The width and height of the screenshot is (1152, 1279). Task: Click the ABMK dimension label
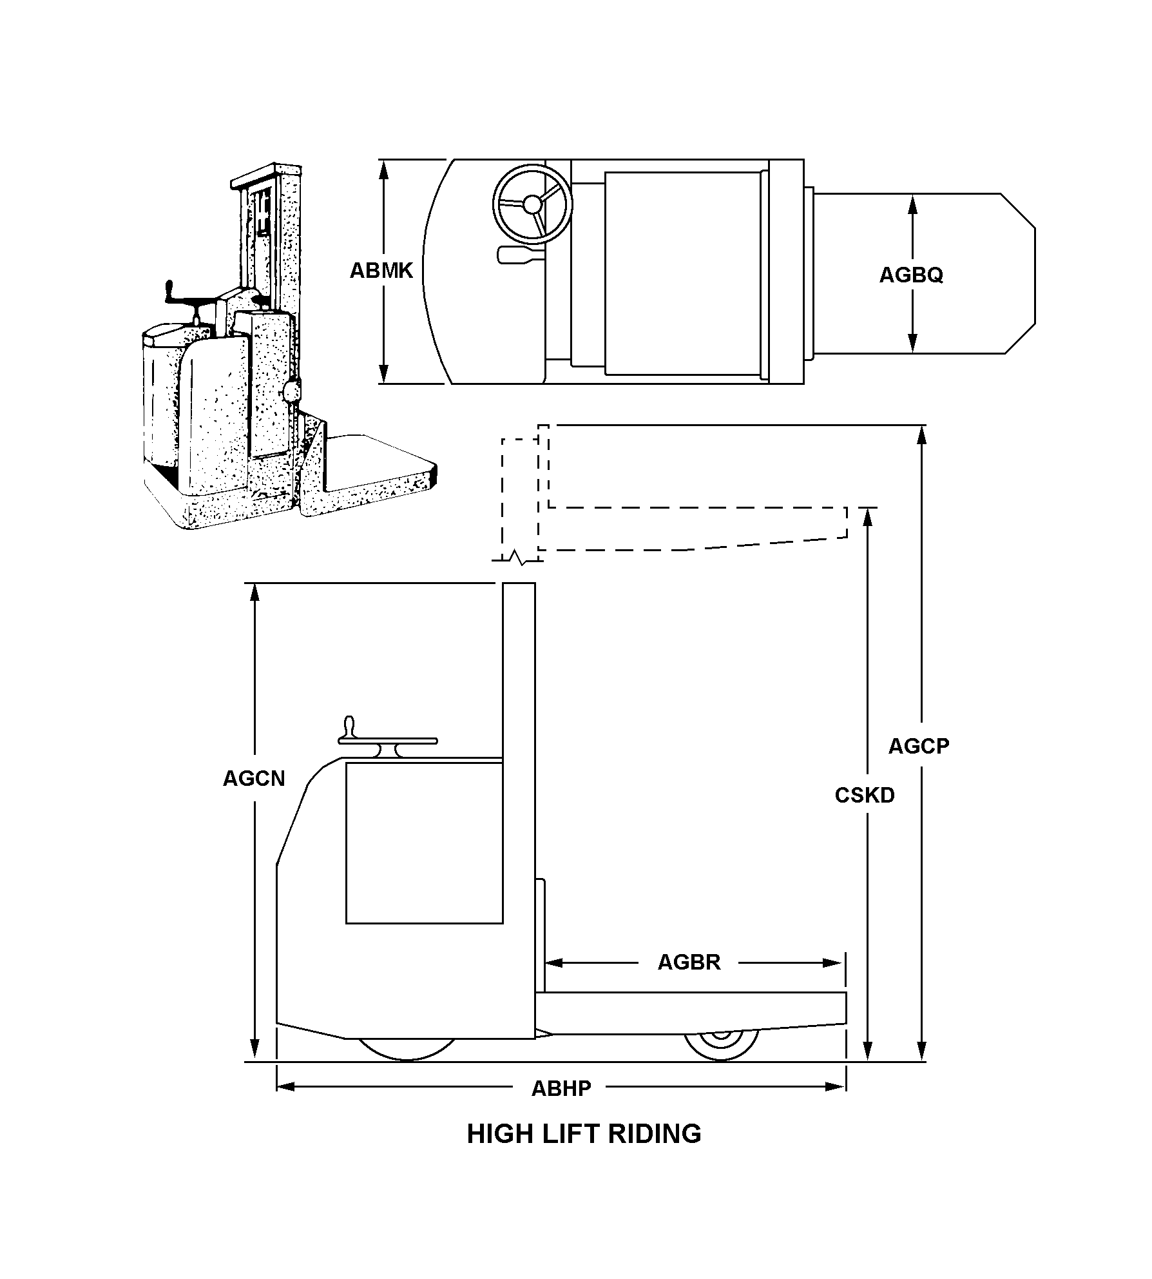click(381, 271)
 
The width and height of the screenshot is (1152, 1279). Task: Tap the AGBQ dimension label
click(911, 275)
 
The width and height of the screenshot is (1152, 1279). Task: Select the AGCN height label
click(254, 779)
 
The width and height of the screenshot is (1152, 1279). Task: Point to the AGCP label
click(919, 747)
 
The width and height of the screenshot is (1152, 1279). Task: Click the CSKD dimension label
click(865, 796)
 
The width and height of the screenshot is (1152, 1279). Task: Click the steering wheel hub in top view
click(532, 204)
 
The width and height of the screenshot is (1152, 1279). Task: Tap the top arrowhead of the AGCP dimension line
click(922, 434)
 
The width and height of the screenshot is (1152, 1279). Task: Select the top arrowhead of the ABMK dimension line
click(384, 169)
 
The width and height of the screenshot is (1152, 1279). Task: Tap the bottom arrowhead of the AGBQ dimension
click(912, 344)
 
